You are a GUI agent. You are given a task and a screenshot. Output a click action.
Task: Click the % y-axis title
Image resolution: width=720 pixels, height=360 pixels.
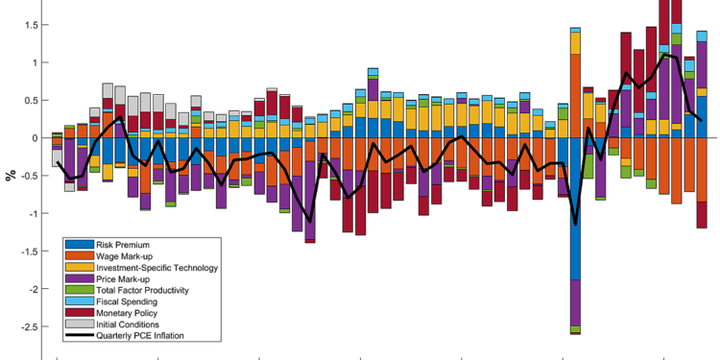[10, 175]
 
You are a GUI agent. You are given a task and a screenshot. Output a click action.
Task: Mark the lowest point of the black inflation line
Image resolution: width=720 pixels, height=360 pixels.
[576, 225]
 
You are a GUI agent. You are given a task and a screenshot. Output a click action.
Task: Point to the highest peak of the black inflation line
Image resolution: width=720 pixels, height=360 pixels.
[664, 55]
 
